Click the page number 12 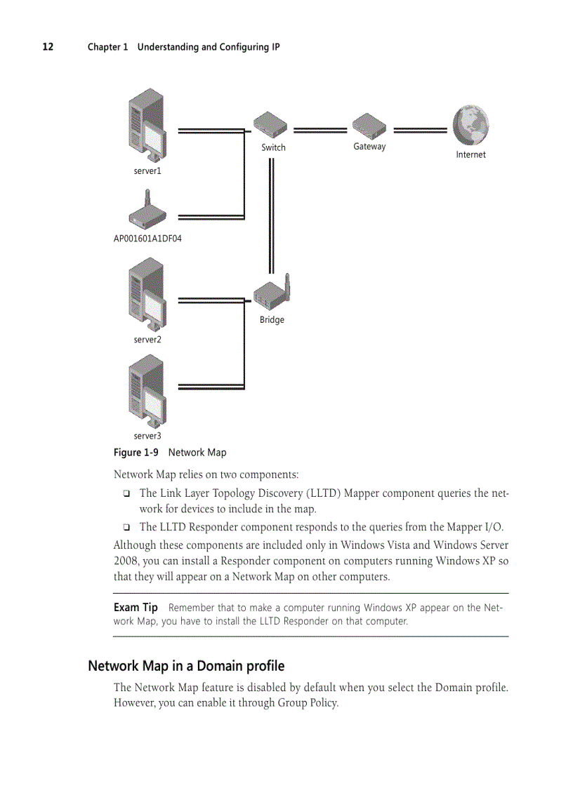point(47,47)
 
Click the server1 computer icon point(147,126)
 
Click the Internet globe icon point(470,126)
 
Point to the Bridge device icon point(273,293)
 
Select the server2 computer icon point(147,295)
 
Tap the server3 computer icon point(147,392)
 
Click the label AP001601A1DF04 point(147,239)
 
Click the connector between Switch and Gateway point(320,130)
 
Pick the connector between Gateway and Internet point(420,130)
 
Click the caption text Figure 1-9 point(136,453)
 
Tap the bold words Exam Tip point(136,608)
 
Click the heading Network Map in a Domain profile point(186,665)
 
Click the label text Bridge point(272,320)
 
